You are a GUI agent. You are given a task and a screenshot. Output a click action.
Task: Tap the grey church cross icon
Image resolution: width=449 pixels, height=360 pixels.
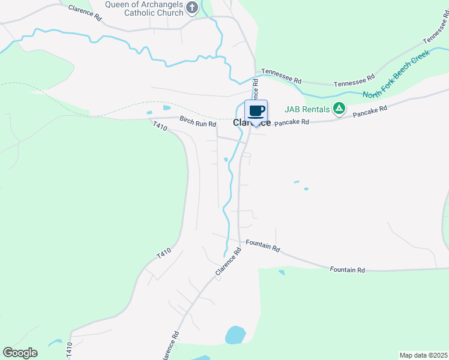tap(192, 7)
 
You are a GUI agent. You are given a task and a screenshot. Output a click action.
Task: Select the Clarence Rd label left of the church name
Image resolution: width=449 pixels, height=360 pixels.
tap(85, 11)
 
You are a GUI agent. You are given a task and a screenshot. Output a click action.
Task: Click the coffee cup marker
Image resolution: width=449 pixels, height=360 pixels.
tap(256, 112)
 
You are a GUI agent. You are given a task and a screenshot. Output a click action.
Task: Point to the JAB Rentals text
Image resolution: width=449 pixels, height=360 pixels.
tap(307, 109)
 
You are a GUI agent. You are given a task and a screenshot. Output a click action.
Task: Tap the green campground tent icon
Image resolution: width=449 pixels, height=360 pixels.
tap(339, 109)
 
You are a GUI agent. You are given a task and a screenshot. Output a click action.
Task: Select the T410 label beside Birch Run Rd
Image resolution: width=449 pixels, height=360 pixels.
tap(159, 126)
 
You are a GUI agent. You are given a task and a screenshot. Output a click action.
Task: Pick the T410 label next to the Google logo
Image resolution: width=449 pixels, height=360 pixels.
tap(70, 350)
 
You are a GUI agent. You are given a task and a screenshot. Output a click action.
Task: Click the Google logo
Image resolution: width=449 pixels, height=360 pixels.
tap(20, 353)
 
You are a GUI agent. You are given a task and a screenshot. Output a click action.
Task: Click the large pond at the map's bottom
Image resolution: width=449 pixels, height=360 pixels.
tap(235, 335)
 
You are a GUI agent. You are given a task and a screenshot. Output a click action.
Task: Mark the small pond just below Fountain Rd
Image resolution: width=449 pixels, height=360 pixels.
tap(282, 273)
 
